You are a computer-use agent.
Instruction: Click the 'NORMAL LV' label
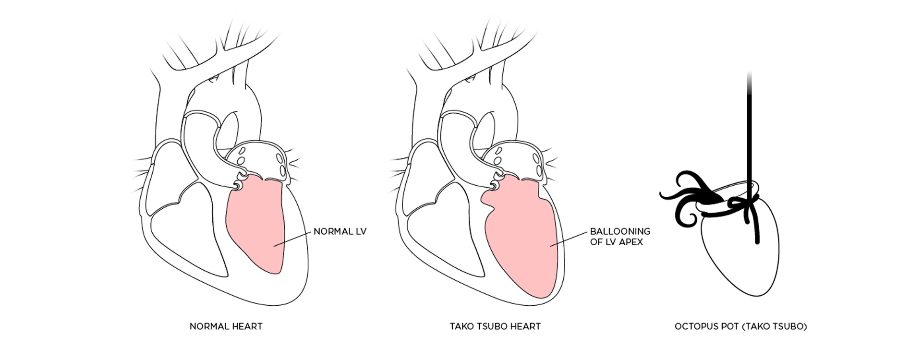pos(340,231)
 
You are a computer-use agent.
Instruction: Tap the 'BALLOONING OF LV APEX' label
pos(620,237)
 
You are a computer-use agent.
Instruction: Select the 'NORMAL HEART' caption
pos(226,326)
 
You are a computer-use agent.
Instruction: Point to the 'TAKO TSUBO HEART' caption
pos(495,326)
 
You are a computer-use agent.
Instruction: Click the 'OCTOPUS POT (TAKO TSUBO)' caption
pos(740,326)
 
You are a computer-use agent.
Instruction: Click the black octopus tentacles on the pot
pos(691,197)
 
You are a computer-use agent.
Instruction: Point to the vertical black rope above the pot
pos(749,130)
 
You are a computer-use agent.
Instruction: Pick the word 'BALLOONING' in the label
pos(620,231)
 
